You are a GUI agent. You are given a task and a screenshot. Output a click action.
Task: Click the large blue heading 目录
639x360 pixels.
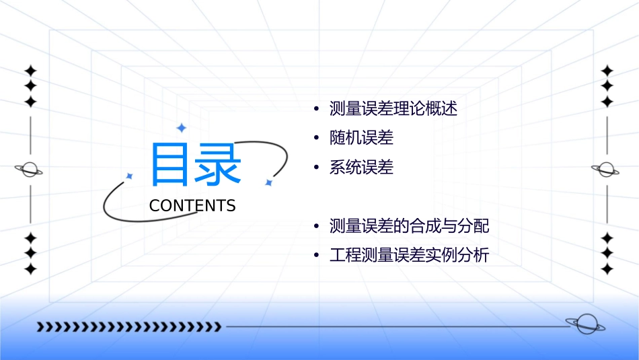tap(195, 164)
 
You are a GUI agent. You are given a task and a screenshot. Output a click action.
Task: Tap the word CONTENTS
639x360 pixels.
tap(192, 206)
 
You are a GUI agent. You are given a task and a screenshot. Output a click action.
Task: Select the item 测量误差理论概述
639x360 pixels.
tap(393, 109)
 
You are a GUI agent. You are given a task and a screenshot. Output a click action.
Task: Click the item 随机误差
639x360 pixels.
tap(361, 138)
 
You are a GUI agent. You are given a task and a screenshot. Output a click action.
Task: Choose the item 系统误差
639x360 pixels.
tap(361, 168)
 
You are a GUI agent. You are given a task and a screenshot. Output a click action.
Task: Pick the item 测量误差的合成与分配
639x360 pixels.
tap(409, 226)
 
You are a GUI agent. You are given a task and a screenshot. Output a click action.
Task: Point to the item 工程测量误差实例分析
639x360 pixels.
tap(409, 256)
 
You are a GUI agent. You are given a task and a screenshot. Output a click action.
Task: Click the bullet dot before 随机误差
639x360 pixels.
tap(316, 139)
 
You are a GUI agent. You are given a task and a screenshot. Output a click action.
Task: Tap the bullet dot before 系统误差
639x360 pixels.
tap(316, 168)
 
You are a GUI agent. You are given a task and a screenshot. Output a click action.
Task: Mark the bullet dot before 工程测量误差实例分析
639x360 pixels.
tap(316, 256)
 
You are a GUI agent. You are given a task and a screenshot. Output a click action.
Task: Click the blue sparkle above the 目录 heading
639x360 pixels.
tap(181, 128)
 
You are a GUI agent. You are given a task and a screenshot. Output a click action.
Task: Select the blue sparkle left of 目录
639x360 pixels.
tap(130, 176)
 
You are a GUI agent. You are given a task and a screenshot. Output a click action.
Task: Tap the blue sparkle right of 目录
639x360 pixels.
tap(268, 182)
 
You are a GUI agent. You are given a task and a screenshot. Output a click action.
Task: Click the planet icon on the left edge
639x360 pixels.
tap(30, 170)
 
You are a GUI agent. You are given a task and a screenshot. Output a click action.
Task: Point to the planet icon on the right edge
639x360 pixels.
tap(606, 170)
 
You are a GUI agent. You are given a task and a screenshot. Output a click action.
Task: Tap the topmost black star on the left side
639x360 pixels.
tap(30, 71)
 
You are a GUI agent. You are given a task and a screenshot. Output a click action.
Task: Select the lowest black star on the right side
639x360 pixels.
tap(607, 269)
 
